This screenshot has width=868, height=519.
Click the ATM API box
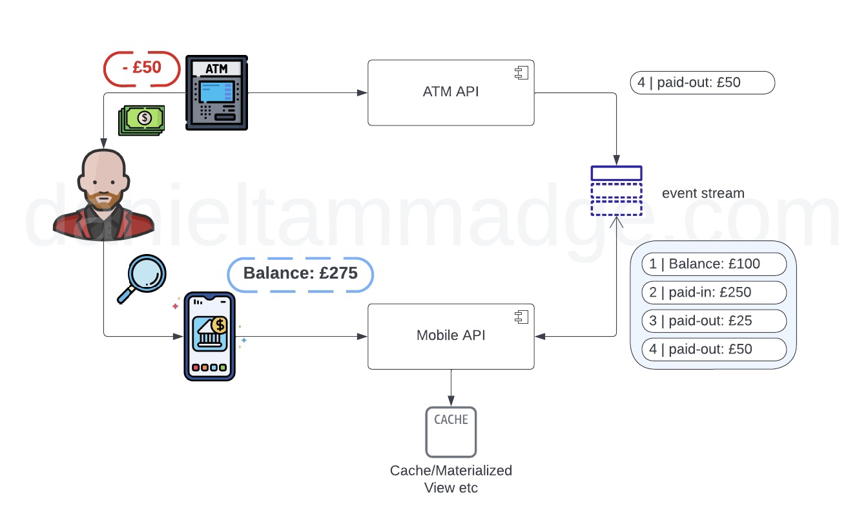[451, 92]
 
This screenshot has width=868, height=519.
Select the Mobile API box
[451, 336]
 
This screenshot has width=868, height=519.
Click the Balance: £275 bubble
[300, 274]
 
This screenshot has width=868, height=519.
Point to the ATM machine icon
[216, 92]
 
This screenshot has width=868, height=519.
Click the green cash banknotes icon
[141, 120]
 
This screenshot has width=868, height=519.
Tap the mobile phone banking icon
[209, 336]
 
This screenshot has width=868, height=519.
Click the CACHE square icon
[451, 431]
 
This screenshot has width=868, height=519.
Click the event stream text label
[703, 193]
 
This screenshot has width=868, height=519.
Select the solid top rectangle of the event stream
[616, 173]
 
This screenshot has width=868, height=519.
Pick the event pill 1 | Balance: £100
[714, 264]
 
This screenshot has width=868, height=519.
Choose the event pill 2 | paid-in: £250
[714, 292]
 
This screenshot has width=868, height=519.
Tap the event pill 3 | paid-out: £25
[714, 321]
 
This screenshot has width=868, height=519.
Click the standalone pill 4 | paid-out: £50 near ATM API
[702, 83]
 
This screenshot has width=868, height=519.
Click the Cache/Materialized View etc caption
[451, 479]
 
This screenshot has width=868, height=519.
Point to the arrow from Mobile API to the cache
[451, 387]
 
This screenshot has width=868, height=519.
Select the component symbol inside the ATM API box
[521, 73]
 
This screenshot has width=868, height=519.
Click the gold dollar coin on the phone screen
[221, 325]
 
